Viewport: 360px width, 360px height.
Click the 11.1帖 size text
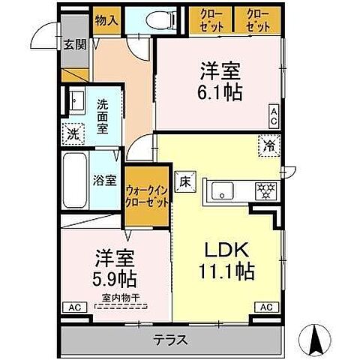coord(224,272)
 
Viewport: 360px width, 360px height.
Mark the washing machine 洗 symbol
coord(73,135)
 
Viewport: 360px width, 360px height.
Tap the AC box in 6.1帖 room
coord(274,116)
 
